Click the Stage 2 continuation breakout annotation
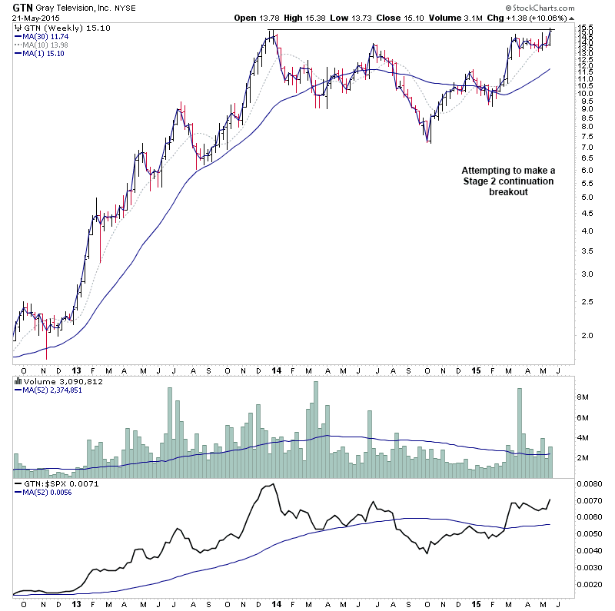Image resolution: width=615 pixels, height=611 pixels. (x=507, y=181)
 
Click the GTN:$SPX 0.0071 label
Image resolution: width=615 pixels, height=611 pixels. (x=52, y=483)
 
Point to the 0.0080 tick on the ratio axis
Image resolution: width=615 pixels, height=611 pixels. (x=589, y=483)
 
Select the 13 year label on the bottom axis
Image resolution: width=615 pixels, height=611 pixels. (x=75, y=603)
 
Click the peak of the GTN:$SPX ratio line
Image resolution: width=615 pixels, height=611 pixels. (x=273, y=484)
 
